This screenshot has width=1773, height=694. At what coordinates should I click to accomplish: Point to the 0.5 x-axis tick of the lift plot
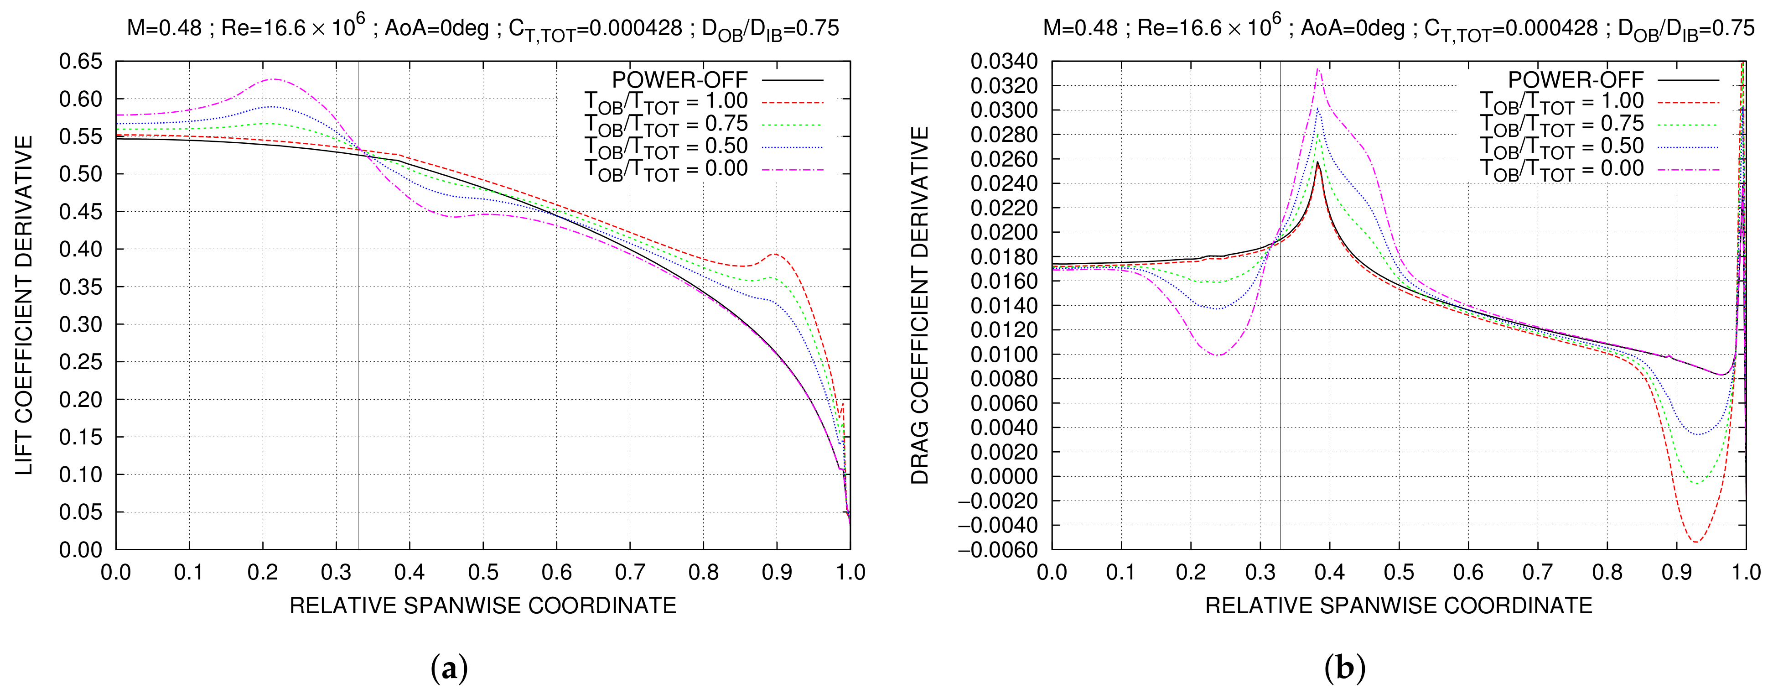[x=483, y=573]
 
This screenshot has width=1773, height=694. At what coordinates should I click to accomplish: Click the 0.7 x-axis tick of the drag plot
[x=1538, y=573]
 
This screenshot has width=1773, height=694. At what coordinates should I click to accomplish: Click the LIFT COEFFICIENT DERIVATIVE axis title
[x=25, y=305]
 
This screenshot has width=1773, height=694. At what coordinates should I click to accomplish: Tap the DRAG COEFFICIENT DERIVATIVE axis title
[x=920, y=305]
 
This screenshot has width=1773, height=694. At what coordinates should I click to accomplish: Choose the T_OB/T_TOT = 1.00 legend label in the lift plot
[x=666, y=102]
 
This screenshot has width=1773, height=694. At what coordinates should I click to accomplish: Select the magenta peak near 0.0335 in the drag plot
[x=1317, y=68]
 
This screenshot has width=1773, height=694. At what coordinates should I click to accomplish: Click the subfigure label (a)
[x=449, y=668]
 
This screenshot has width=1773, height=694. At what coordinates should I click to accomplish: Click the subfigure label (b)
[x=1344, y=668]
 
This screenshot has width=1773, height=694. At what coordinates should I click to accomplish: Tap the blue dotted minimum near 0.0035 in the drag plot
[x=1697, y=434]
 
